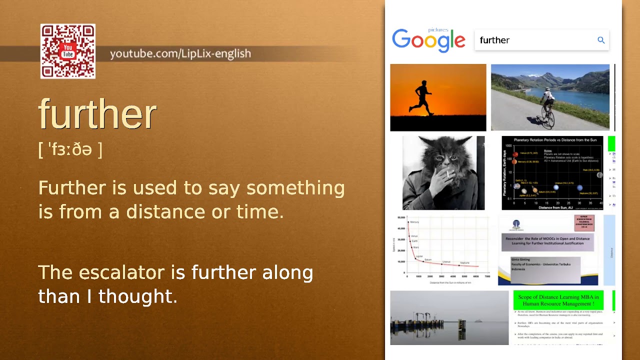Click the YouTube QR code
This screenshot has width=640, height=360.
click(x=68, y=51)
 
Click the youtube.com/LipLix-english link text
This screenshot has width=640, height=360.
click(x=180, y=53)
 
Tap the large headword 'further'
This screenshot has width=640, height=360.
click(x=98, y=114)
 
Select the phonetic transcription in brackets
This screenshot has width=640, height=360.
click(x=70, y=149)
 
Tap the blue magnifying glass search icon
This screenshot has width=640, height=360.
click(x=601, y=40)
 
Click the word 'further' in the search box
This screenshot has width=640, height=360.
click(x=494, y=40)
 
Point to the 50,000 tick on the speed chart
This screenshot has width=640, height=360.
click(x=400, y=218)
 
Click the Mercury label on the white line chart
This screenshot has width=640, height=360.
click(x=414, y=222)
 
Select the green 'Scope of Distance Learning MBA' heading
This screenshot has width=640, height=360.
click(x=558, y=300)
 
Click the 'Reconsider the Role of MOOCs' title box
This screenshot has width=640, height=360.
click(x=547, y=241)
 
